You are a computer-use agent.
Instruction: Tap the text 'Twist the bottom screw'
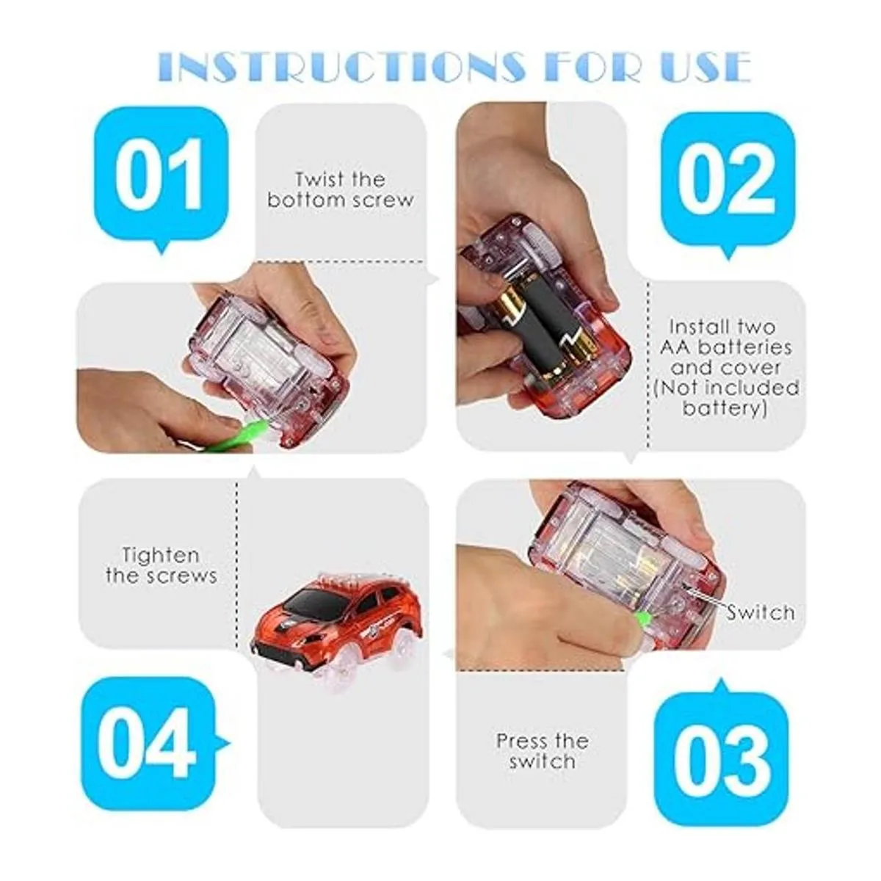(340, 189)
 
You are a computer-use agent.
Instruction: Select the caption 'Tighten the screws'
(161, 565)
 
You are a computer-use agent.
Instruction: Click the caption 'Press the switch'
(543, 752)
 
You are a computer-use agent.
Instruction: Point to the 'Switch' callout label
(761, 612)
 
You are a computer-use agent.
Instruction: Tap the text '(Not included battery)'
(726, 398)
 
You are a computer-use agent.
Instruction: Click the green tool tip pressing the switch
(642, 620)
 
